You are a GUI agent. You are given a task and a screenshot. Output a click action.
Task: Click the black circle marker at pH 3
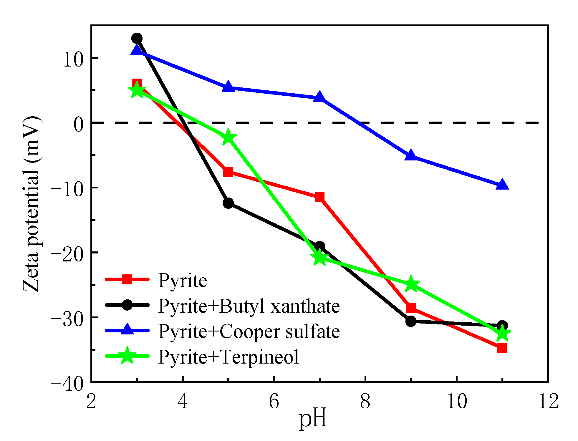[137, 38]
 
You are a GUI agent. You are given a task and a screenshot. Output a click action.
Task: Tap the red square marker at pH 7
[319, 197]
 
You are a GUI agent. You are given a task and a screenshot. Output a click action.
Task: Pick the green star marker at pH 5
[228, 137]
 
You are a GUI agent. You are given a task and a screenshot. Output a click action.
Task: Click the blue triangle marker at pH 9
[411, 156]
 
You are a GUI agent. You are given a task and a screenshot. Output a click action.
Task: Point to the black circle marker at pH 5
[228, 203]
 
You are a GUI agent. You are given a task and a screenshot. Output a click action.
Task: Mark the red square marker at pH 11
[502, 348]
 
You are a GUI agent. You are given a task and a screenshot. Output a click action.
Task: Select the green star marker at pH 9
[411, 284]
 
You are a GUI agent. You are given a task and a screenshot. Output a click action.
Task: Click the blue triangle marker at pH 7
[319, 97]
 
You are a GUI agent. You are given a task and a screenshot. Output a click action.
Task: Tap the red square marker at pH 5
[228, 172]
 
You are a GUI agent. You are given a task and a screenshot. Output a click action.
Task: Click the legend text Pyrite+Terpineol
[228, 357]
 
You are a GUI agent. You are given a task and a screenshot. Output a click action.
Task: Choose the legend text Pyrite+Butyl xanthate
[249, 306]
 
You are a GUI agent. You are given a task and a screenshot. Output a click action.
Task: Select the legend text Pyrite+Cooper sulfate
[249, 331]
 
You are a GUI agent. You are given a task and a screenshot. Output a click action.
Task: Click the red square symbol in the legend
[127, 279]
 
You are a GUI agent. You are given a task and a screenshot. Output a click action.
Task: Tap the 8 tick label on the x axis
[365, 401]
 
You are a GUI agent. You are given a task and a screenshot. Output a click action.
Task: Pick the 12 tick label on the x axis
[548, 401]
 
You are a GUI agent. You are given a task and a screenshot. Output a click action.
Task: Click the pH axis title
[313, 419]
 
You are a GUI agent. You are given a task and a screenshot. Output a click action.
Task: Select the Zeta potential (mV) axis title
[32, 204]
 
